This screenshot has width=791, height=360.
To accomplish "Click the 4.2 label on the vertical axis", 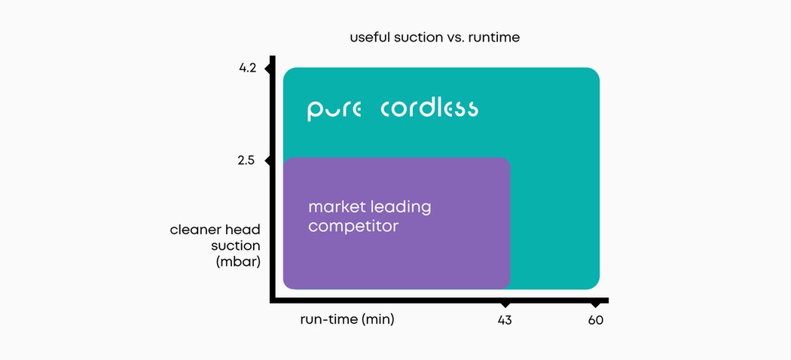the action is pyautogui.click(x=248, y=68).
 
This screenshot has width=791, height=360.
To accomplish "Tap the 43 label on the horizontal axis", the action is pyautogui.click(x=505, y=320).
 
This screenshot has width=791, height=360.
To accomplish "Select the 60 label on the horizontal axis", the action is pyautogui.click(x=595, y=320).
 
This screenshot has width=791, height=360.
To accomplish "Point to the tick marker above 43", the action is pyautogui.click(x=505, y=304).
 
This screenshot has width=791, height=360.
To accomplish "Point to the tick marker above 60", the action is pyautogui.click(x=595, y=304).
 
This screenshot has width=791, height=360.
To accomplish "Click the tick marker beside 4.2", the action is pyautogui.click(x=269, y=68).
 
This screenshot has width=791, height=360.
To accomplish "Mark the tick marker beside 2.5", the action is pyautogui.click(x=269, y=161).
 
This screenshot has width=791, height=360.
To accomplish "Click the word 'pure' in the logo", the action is pyautogui.click(x=334, y=111).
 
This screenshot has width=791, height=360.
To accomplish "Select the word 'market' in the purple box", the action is pyautogui.click(x=337, y=206).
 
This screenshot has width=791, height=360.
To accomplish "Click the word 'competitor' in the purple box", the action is pyautogui.click(x=353, y=227).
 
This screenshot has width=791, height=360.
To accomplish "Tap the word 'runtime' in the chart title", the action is pyautogui.click(x=494, y=38).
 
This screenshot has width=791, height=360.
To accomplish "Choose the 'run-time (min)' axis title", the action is pyautogui.click(x=347, y=319).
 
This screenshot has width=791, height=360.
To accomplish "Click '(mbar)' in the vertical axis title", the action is pyautogui.click(x=237, y=262).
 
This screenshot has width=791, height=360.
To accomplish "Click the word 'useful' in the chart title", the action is pyautogui.click(x=369, y=38).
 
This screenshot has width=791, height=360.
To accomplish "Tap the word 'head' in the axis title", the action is pyautogui.click(x=243, y=230).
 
